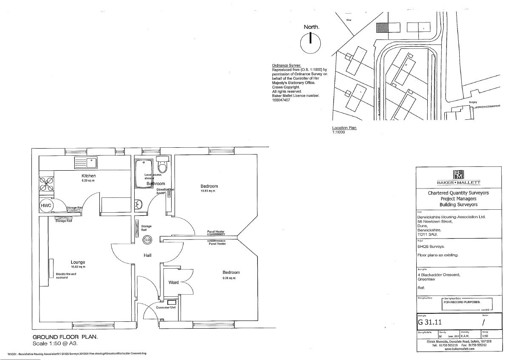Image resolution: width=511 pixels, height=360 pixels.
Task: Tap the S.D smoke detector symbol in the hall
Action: tap(147, 240)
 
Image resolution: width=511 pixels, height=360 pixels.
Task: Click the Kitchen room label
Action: tap(89, 176)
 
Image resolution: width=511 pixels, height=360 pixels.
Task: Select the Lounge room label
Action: tap(78, 262)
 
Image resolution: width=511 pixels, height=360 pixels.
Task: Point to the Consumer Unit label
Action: tap(166, 307)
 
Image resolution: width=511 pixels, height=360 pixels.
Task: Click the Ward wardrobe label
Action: tap(173, 282)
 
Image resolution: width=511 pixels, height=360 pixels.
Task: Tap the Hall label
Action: tap(147, 255)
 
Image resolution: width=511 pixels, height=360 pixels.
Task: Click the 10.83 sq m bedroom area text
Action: tap(208, 191)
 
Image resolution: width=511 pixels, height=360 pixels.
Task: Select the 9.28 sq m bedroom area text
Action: tap(228, 278)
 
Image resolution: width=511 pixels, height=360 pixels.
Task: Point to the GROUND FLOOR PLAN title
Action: tap(65, 337)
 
